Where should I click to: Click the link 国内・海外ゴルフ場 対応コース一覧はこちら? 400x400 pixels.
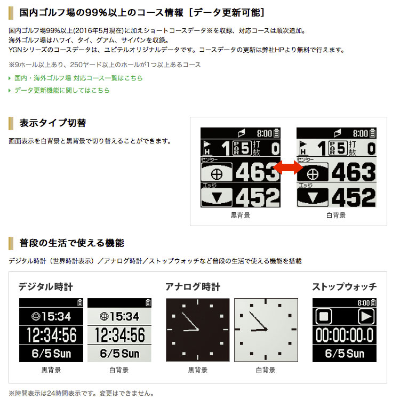pyautogui.click(x=78, y=78)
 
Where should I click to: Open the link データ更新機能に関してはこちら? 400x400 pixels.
pyautogui.click(x=62, y=90)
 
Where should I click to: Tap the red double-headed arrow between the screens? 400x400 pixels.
pyautogui.click(x=288, y=167)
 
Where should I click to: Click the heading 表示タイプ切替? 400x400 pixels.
pyautogui.click(x=53, y=123)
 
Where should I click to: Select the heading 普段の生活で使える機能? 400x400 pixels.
pyautogui.click(x=71, y=243)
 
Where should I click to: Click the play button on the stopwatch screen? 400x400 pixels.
pyautogui.click(x=366, y=316)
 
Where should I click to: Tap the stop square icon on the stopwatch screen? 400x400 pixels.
pyautogui.click(x=324, y=316)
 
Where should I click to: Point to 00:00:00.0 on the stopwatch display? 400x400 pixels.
pyautogui.click(x=345, y=335)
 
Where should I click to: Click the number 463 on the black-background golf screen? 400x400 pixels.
pyautogui.click(x=258, y=172)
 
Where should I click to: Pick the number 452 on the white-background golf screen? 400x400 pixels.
pyautogui.click(x=354, y=197)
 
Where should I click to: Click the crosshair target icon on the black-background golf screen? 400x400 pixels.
pyautogui.click(x=217, y=174)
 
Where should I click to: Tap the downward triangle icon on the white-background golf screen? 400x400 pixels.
pyautogui.click(x=313, y=197)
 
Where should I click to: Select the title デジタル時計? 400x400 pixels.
pyautogui.click(x=46, y=287)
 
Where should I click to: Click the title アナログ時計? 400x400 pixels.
pyautogui.click(x=193, y=287)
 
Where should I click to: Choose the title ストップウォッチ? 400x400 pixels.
pyautogui.click(x=345, y=287)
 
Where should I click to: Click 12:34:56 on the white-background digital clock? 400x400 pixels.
pyautogui.click(x=119, y=335)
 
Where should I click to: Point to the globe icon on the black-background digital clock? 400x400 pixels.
pyautogui.click(x=36, y=317)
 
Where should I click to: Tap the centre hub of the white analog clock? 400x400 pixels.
pyautogui.click(x=266, y=330)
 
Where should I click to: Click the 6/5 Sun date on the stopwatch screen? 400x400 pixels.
pyautogui.click(x=345, y=354)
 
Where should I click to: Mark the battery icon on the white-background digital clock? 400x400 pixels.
pyautogui.click(x=148, y=303)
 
